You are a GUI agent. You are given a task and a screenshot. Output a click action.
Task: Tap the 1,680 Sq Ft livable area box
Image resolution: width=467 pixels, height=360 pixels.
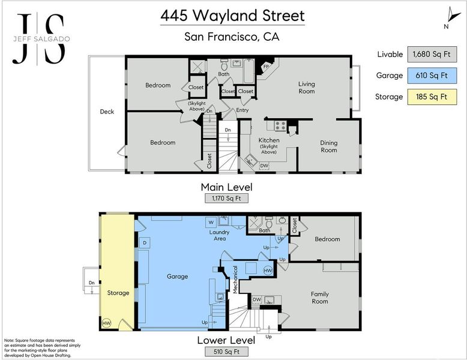click(x=432, y=54)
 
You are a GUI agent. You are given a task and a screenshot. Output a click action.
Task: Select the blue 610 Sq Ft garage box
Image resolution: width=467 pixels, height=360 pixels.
click(x=432, y=76)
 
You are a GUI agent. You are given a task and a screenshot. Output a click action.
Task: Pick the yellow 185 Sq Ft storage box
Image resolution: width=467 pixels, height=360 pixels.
click(x=432, y=97)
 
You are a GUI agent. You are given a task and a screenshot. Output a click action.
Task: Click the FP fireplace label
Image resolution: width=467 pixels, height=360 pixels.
click(x=266, y=67)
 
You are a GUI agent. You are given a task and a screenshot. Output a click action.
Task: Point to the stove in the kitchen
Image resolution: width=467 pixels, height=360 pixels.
click(x=280, y=125)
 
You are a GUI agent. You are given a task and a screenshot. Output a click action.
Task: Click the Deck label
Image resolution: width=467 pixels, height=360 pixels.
click(x=107, y=112)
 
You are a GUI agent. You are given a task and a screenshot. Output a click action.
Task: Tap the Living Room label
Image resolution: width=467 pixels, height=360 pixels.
click(x=307, y=88)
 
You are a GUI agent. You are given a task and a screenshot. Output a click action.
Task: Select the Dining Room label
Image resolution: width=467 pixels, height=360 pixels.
click(x=329, y=146)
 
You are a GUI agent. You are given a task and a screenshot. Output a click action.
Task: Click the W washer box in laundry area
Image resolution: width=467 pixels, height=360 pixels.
click(x=211, y=222)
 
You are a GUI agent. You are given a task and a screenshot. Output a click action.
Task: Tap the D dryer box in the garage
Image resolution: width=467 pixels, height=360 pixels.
click(x=145, y=242)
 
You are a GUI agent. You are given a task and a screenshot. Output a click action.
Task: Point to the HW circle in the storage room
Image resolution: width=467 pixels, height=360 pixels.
click(x=106, y=323)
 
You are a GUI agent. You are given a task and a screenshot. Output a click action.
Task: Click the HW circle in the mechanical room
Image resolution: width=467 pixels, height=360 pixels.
click(x=268, y=271)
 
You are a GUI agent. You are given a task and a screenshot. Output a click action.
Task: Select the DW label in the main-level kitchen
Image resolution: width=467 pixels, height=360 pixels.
click(x=264, y=166)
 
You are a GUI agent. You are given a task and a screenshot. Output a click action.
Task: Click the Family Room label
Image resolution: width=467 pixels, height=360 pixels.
click(x=319, y=298)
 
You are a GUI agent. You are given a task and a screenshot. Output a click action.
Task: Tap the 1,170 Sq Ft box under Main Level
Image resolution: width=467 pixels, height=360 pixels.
click(x=226, y=199)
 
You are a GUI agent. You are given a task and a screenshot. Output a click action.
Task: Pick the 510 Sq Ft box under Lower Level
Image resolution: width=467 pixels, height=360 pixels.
click(x=226, y=352)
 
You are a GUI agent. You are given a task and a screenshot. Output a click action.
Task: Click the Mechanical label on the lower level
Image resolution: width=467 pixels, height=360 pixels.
click(x=235, y=280)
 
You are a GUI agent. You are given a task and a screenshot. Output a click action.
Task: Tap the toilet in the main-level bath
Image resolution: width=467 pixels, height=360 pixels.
click(x=224, y=65)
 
